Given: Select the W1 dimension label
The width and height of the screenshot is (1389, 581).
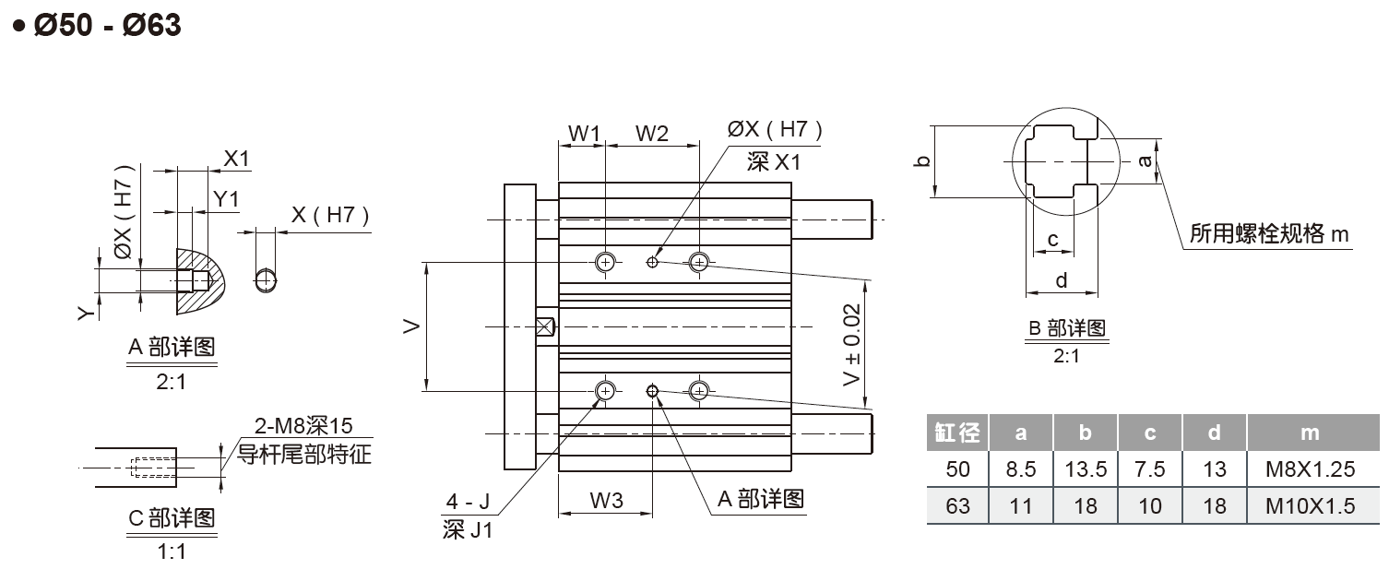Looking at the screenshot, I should (x=583, y=134).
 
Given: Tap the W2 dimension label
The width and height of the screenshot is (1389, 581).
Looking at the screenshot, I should (x=652, y=134).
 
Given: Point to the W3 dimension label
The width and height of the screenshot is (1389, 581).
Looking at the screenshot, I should (x=606, y=501).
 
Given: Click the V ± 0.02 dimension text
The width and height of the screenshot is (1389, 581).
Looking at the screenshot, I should (x=852, y=346).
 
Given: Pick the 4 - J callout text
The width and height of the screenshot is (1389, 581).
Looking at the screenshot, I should (x=467, y=503).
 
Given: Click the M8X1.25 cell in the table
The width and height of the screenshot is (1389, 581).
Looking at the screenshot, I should (x=1310, y=468).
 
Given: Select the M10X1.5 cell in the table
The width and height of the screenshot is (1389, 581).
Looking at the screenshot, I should (x=1310, y=505).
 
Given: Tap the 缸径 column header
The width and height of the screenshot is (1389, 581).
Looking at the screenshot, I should (x=957, y=433).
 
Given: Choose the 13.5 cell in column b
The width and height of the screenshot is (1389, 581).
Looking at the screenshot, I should (x=1085, y=468).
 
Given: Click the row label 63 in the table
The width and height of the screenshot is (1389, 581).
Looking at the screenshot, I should (x=957, y=505).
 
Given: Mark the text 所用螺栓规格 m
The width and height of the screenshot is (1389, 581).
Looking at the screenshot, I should (x=1269, y=234).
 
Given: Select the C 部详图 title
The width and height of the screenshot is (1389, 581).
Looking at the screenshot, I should (x=171, y=518).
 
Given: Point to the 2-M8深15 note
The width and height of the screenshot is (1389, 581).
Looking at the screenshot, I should (x=303, y=427).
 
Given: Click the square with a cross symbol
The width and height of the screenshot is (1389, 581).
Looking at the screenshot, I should (x=544, y=326).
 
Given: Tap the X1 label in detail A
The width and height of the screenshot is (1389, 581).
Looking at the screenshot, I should (x=237, y=159).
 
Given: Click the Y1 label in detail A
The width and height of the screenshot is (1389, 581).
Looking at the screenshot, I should (x=226, y=198).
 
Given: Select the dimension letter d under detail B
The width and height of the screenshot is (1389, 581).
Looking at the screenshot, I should (x=1061, y=280).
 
